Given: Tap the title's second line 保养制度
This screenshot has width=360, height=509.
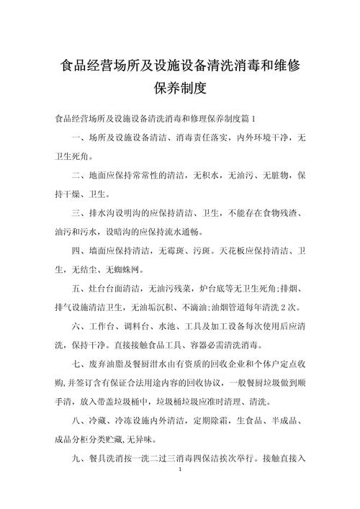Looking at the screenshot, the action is pos(180,89).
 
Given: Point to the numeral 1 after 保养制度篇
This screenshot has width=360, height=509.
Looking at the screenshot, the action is pos(263,117).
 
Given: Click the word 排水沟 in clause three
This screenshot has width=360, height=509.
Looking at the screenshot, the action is pos(106,214).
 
